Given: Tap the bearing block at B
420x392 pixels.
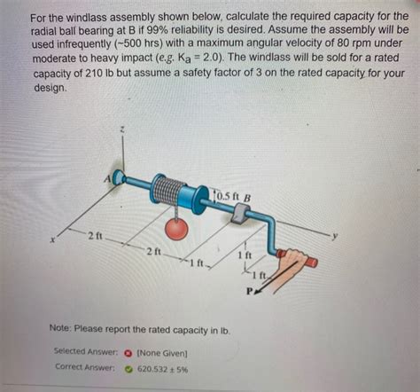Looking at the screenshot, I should [238, 214].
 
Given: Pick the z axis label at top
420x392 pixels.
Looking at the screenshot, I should [124, 130].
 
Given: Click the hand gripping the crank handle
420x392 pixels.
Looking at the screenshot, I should [293, 260].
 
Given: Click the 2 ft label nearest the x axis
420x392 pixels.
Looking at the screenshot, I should [96, 235].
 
